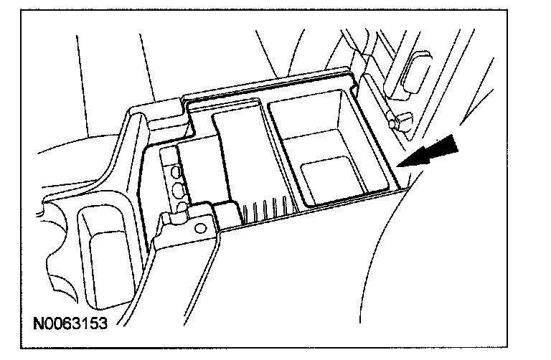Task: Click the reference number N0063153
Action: pos(70,323)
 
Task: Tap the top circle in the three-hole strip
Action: pos(174,172)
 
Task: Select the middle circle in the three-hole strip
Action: pos(176,189)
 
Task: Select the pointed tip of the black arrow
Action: pos(399,166)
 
